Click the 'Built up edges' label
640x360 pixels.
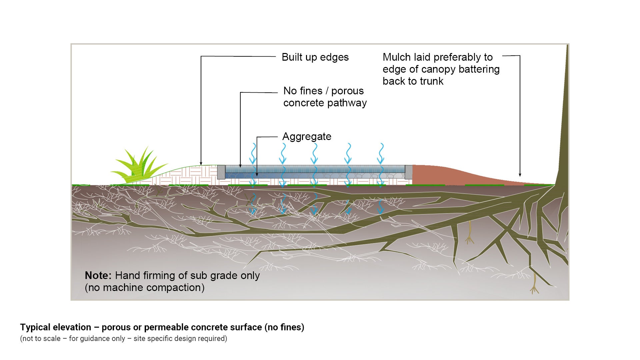pos(315,57)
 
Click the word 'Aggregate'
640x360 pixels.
pos(307,137)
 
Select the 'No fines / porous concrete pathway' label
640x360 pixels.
pos(325,97)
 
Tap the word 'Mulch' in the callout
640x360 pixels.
pos(397,57)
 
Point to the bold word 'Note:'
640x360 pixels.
pos(98,276)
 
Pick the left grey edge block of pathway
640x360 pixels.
pos(221,172)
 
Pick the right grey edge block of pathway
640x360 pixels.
pos(409,172)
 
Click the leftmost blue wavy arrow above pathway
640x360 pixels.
pos(253,153)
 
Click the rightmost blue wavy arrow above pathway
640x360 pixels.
pos(381,153)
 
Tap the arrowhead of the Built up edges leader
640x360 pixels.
pos(201,164)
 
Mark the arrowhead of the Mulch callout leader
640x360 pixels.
pos(520,175)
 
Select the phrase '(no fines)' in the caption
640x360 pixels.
pos(284,327)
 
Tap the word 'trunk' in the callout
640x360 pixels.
pos(432,81)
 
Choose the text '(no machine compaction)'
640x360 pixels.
pos(145,288)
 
